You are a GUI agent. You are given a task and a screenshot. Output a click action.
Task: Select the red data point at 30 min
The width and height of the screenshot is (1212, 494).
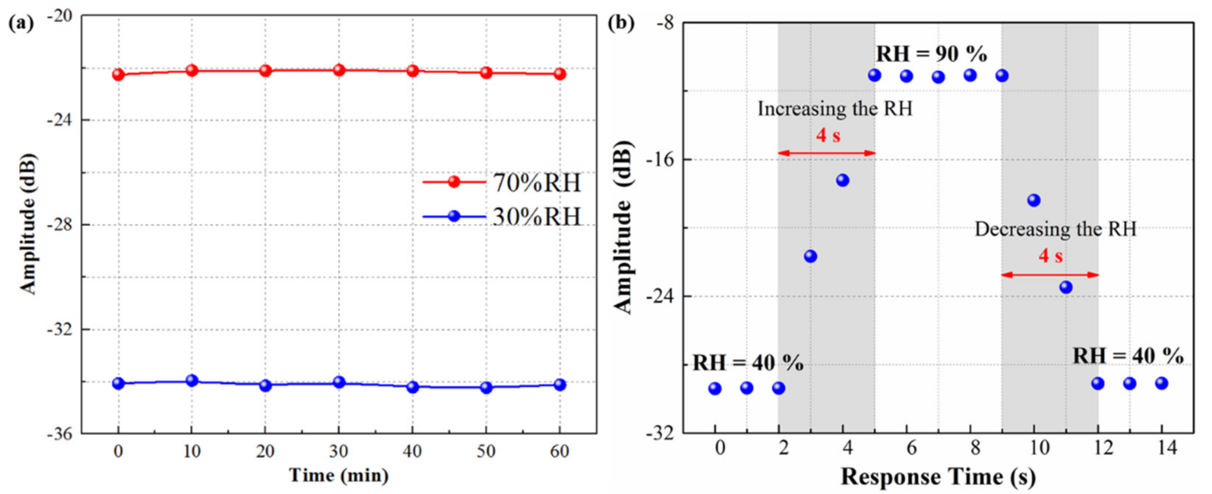339,70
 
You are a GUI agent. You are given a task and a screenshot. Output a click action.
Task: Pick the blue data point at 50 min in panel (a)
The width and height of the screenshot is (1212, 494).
486,388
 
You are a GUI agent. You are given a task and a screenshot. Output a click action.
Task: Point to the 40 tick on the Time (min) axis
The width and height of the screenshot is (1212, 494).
412,452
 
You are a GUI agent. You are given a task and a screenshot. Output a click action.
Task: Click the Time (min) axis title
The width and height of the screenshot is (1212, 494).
339,476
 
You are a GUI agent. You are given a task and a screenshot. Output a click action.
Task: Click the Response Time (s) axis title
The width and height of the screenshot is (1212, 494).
938,477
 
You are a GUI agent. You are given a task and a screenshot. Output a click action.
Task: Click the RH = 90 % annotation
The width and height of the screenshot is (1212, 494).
932,55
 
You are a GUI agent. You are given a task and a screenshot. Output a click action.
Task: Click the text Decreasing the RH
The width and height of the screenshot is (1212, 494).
1055,229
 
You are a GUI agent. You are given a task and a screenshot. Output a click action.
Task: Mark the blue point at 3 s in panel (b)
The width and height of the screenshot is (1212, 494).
810,256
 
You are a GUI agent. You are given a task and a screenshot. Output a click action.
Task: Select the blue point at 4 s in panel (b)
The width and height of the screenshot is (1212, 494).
843,180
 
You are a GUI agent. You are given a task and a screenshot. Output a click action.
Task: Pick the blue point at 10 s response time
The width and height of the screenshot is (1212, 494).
1034,200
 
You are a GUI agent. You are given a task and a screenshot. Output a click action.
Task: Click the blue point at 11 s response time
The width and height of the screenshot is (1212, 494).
1066,287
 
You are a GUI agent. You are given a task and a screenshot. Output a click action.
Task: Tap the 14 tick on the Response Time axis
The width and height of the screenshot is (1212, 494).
1167,448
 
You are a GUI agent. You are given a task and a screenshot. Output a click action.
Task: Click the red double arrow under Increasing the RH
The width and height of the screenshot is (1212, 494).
827,153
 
